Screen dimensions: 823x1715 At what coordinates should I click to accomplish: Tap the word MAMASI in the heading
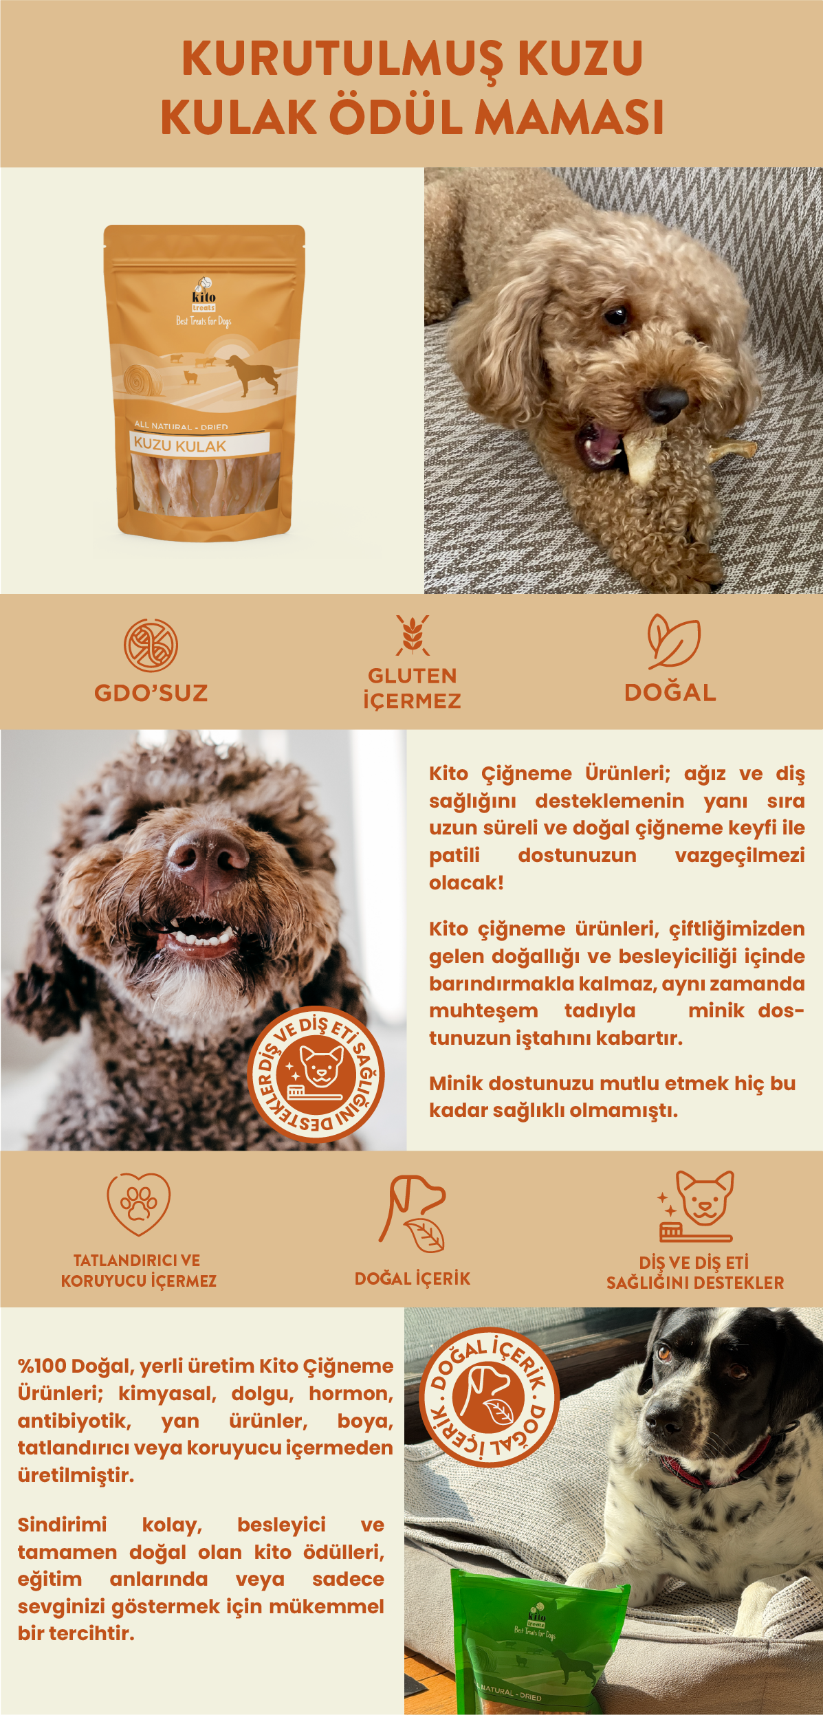pyautogui.click(x=569, y=117)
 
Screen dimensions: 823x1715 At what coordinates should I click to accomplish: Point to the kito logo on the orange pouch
pyautogui.click(x=204, y=295)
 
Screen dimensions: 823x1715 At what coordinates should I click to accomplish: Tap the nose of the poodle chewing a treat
pyautogui.click(x=665, y=403)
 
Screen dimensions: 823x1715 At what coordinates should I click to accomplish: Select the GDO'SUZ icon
pyautogui.click(x=151, y=645)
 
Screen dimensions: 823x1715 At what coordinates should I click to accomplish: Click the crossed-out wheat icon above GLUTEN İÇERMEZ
pyautogui.click(x=413, y=635)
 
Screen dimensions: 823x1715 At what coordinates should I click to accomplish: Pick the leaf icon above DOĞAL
pyautogui.click(x=673, y=641)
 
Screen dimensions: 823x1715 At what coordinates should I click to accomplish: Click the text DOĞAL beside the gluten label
pyautogui.click(x=670, y=692)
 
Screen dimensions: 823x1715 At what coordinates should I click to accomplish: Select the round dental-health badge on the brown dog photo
pyautogui.click(x=316, y=1074)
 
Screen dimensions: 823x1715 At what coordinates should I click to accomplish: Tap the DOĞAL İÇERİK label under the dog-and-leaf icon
pyautogui.click(x=413, y=1279)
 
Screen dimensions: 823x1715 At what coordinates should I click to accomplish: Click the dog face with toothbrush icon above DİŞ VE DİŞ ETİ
pyautogui.click(x=696, y=1207)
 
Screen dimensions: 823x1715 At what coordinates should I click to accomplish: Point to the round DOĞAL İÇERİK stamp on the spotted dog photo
pyautogui.click(x=489, y=1397)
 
